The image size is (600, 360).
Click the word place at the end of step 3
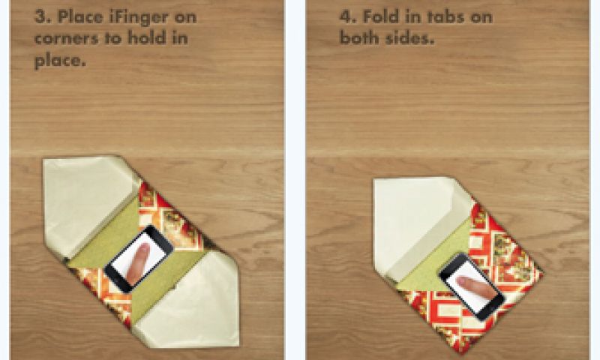pos(60,61)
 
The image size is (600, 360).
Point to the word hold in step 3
pos(145,37)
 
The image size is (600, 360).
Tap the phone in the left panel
pos(139,259)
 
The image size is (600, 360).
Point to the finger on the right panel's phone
pos(477,287)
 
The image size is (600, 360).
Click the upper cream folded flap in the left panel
pos(88,202)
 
